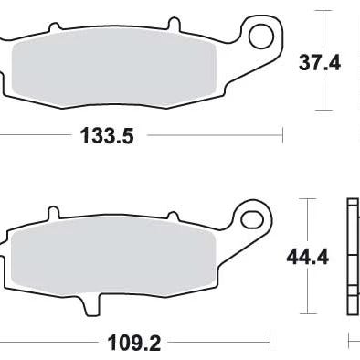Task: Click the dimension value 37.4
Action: pyautogui.click(x=319, y=63)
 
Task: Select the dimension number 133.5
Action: pyautogui.click(x=107, y=136)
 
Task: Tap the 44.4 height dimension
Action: pyautogui.click(x=308, y=258)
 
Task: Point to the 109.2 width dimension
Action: pyautogui.click(x=134, y=343)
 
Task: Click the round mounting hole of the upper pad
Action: pyautogui.click(x=261, y=36)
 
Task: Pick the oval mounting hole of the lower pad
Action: pyautogui.click(x=252, y=219)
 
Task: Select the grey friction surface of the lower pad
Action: pyautogui.click(x=113, y=257)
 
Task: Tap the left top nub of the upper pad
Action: pyautogui.click(x=54, y=26)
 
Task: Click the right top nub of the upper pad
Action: pyautogui.click(x=175, y=24)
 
